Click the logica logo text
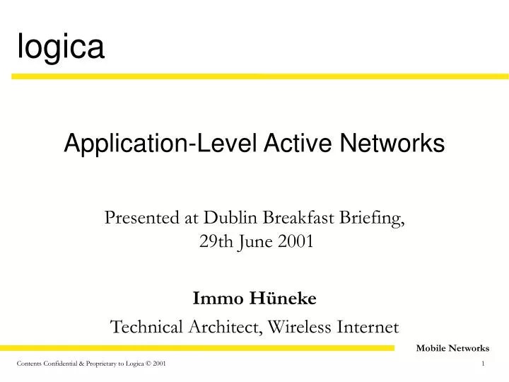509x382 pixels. [x=61, y=47]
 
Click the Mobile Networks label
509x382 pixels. [x=452, y=348]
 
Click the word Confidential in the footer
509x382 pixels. [x=62, y=364]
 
